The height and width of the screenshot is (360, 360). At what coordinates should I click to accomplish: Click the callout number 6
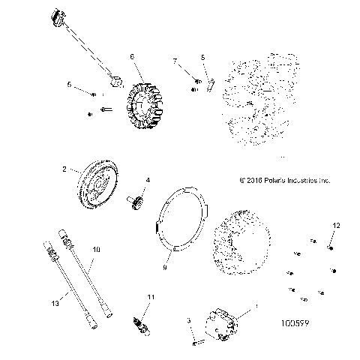(132, 56)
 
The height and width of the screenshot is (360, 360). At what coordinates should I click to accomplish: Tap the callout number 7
(175, 60)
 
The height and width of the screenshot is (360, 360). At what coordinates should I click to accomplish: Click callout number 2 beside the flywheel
(65, 170)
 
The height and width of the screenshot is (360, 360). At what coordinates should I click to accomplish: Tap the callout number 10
(95, 248)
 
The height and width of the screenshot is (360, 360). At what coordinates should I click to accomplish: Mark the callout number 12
(337, 225)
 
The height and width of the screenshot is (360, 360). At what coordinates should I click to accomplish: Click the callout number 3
(188, 319)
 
